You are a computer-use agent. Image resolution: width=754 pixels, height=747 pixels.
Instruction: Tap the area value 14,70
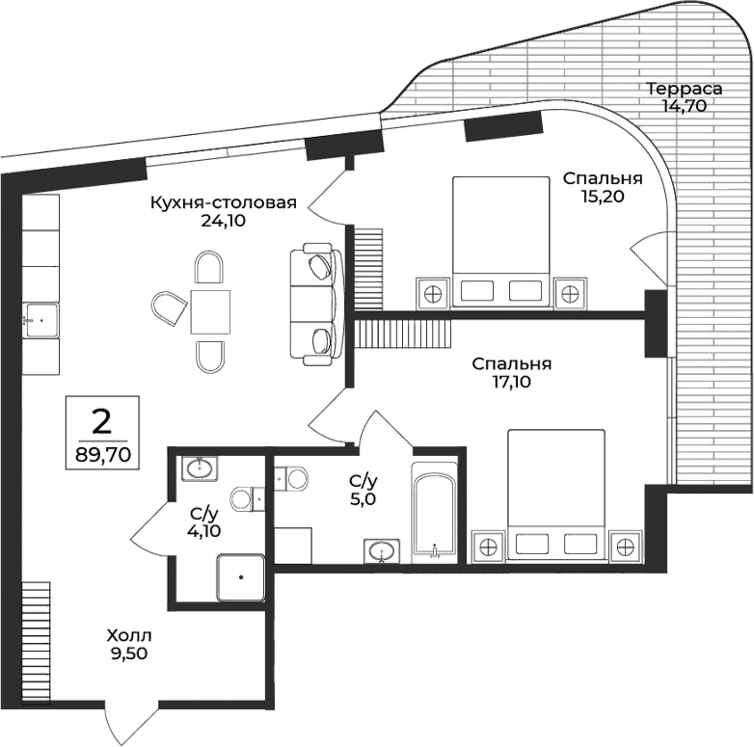(684, 106)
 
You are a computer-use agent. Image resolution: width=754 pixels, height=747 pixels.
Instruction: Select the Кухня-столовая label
(223, 202)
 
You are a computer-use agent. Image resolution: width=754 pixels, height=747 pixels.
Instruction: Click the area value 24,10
(223, 220)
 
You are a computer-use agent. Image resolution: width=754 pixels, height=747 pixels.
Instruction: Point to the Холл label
(129, 636)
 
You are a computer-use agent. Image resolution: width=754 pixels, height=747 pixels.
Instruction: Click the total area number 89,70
(101, 449)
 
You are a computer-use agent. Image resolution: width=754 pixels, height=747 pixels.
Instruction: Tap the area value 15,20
(604, 197)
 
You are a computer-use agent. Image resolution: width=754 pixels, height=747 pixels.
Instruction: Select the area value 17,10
(511, 381)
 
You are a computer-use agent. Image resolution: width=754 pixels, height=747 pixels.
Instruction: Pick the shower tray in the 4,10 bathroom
(241, 579)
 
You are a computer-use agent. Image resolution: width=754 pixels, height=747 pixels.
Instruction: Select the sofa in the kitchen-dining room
(316, 306)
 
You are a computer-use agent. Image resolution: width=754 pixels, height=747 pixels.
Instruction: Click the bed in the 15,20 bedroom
(500, 241)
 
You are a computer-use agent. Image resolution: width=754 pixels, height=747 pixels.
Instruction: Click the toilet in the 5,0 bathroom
(290, 477)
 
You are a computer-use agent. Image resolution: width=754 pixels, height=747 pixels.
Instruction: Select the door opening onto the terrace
(649, 258)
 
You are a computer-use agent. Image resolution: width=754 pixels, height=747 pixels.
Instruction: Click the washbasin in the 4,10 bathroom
(200, 469)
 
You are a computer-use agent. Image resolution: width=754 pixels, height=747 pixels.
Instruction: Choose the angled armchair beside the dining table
(171, 309)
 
